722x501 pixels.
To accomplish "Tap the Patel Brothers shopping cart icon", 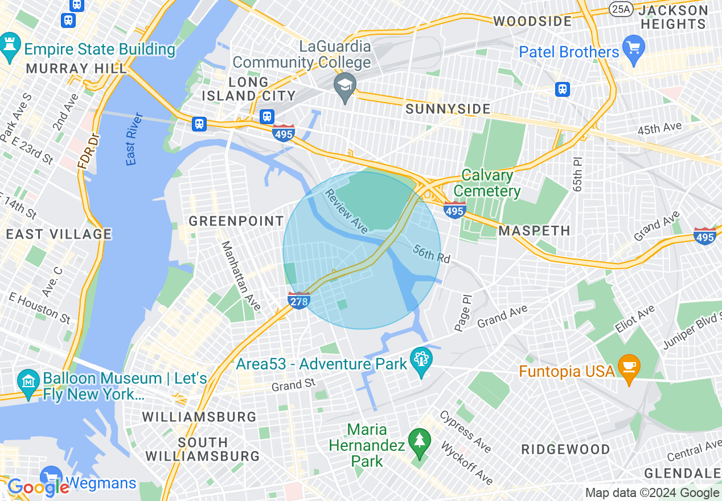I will tap(633, 46).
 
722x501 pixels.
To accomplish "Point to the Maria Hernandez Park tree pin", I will tap(420, 441).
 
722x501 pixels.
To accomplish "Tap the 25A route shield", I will tap(620, 9).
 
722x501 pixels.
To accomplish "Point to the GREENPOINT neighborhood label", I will tap(236, 221).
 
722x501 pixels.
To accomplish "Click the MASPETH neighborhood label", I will tap(534, 231).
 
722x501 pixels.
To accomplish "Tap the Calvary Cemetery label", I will tap(487, 183).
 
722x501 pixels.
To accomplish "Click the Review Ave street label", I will tap(346, 211).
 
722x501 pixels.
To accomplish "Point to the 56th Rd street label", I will tap(432, 253).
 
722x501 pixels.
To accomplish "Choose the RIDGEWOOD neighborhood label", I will tap(565, 449).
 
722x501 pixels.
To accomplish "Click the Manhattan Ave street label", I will tap(240, 277).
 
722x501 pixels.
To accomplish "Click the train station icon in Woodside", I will tap(563, 89).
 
